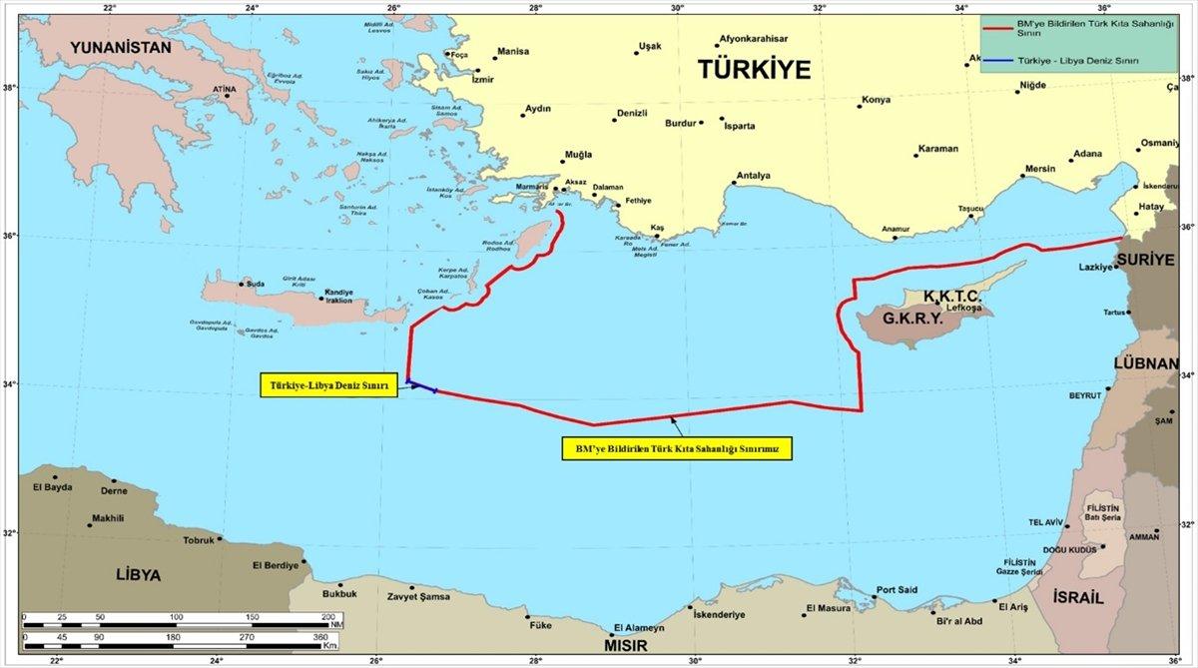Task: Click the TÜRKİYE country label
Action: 754,70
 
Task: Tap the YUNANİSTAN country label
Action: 120,47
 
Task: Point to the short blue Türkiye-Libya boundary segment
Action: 421,385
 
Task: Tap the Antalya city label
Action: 753,177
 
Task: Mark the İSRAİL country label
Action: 1078,597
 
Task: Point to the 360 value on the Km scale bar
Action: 320,636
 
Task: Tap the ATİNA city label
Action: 225,88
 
